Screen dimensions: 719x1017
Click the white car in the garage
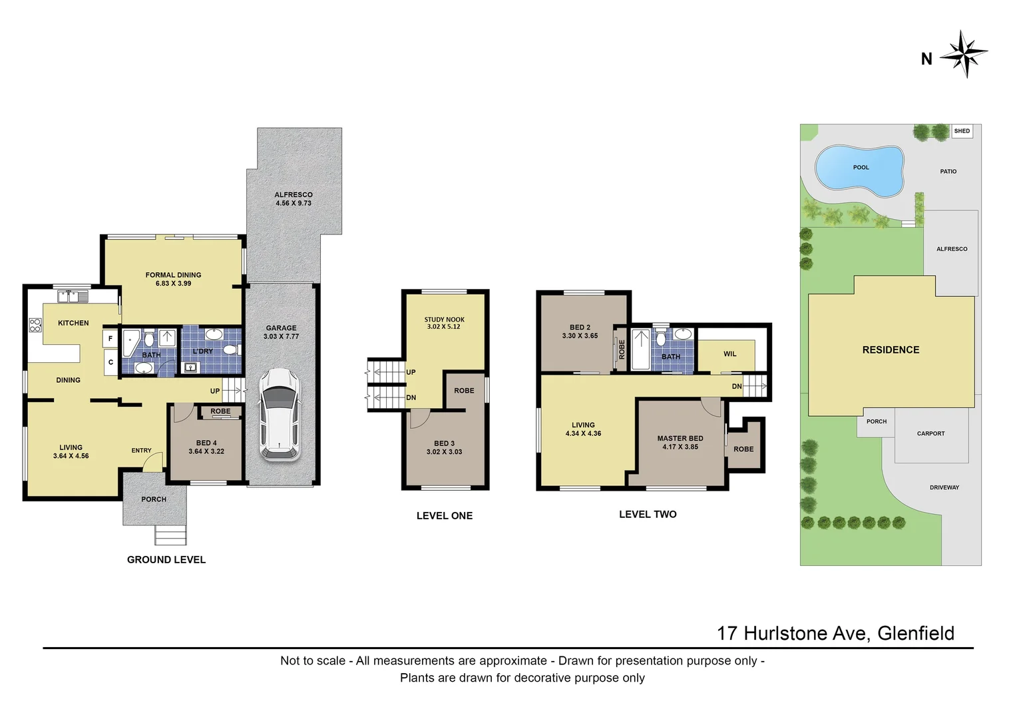[279, 414]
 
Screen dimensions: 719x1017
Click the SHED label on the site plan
[962, 131]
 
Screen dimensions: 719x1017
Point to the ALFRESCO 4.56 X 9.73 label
[294, 199]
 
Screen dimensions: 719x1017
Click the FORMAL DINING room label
[173, 279]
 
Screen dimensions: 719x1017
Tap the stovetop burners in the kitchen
[35, 326]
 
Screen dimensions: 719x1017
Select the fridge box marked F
[110, 339]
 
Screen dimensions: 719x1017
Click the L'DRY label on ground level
[203, 352]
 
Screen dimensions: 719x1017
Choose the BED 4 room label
[206, 447]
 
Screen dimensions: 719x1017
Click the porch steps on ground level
[170, 535]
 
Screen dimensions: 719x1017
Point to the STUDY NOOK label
[445, 323]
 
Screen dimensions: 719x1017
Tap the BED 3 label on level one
[444, 447]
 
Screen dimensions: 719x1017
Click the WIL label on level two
[730, 354]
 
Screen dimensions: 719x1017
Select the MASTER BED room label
[680, 443]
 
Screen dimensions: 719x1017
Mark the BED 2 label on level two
[580, 332]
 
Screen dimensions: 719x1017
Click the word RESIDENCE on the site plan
[891, 350]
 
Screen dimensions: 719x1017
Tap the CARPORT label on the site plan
[930, 433]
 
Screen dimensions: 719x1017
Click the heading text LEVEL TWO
[648, 515]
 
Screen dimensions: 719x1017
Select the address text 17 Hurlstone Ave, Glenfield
[835, 633]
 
